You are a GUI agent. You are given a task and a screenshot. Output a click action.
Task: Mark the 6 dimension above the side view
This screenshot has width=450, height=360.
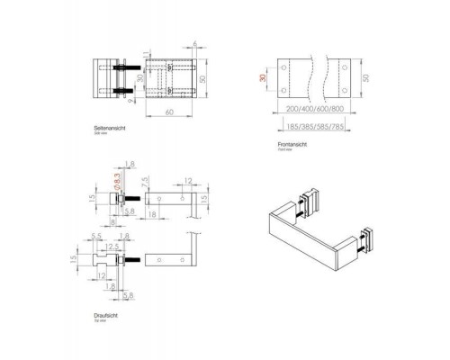click(x=193, y=43)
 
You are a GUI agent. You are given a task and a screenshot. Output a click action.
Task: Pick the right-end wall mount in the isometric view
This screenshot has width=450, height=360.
click(x=368, y=238)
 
